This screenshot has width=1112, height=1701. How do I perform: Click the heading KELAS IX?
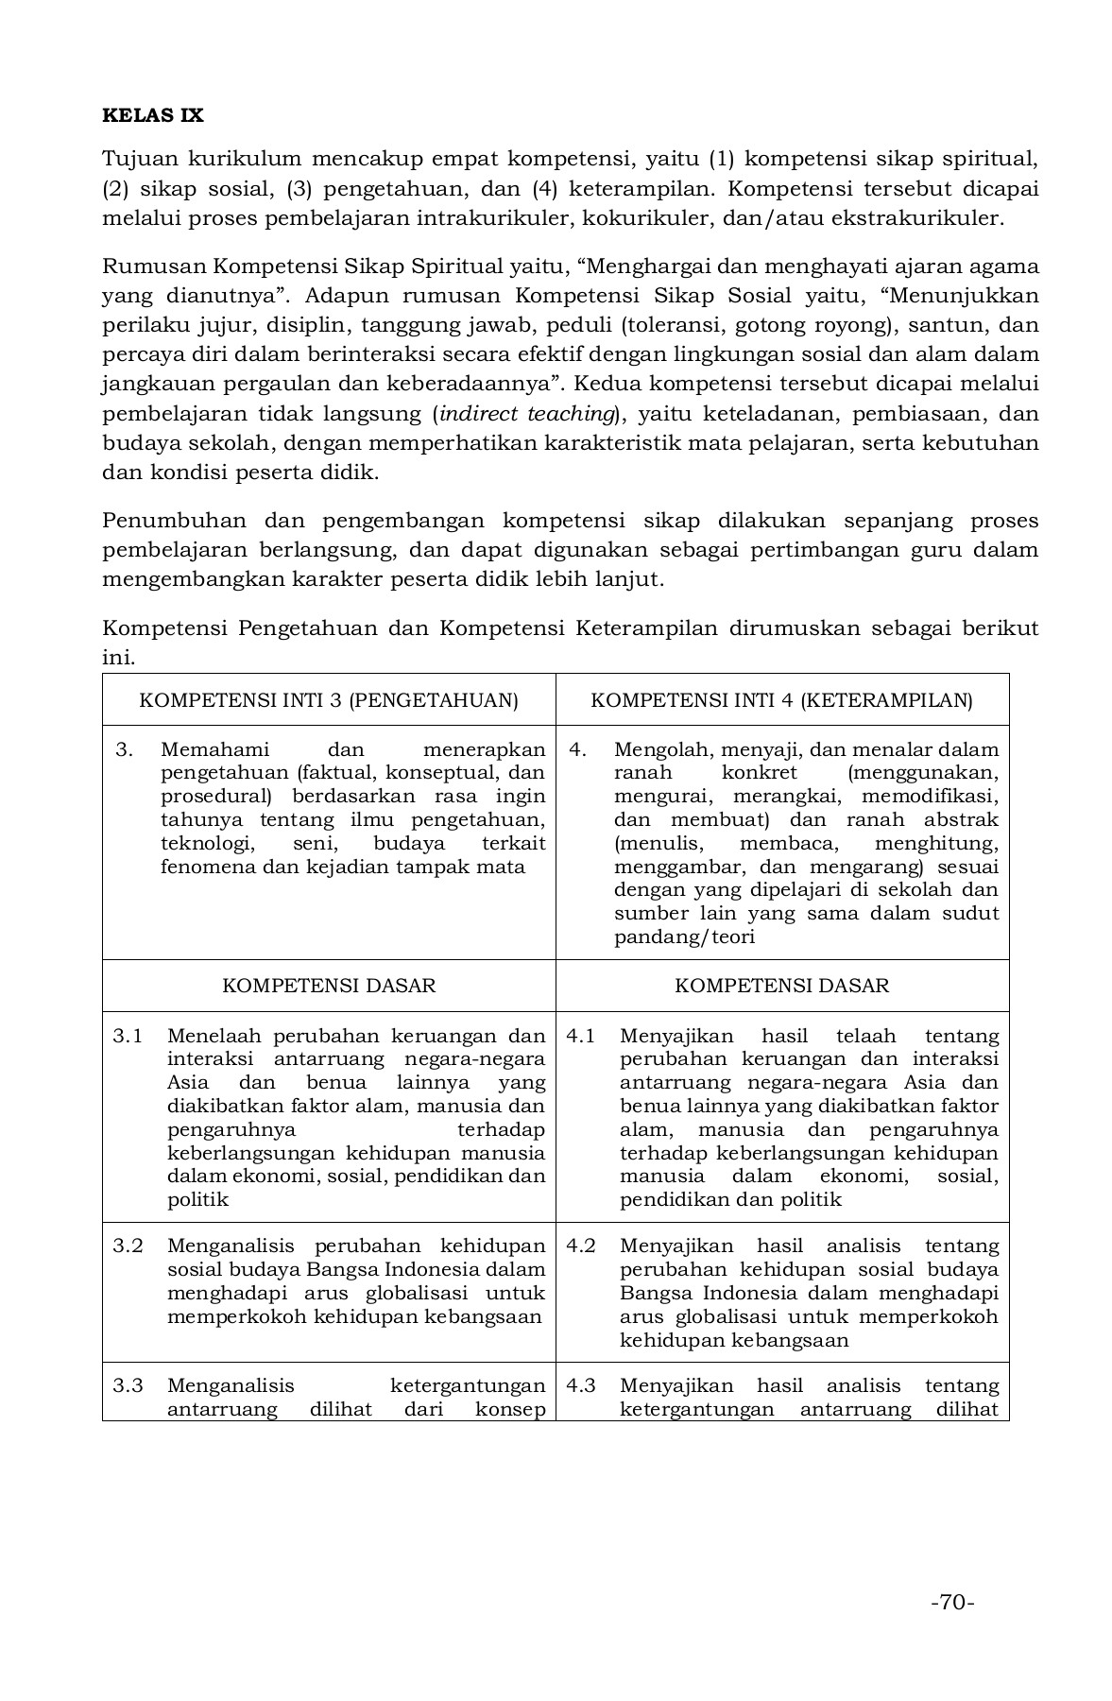[152, 116]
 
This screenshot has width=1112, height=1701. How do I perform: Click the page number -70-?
[951, 1603]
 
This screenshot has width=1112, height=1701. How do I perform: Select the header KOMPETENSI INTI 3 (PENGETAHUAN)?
[329, 700]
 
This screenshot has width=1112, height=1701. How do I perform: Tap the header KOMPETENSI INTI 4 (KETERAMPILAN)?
[781, 700]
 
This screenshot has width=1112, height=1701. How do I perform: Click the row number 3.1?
[128, 1036]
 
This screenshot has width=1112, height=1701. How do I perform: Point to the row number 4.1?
[580, 1036]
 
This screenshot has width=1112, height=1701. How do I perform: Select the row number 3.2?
[128, 1246]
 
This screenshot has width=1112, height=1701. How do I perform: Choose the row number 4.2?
[580, 1246]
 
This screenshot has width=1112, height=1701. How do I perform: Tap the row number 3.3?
[128, 1385]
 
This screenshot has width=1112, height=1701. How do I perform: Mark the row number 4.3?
[580, 1385]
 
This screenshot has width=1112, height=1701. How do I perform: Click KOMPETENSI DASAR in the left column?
[329, 986]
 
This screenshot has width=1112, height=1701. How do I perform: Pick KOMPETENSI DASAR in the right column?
[781, 986]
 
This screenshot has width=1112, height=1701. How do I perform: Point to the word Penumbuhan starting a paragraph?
[174, 521]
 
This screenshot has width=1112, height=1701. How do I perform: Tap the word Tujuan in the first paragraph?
[136, 158]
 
